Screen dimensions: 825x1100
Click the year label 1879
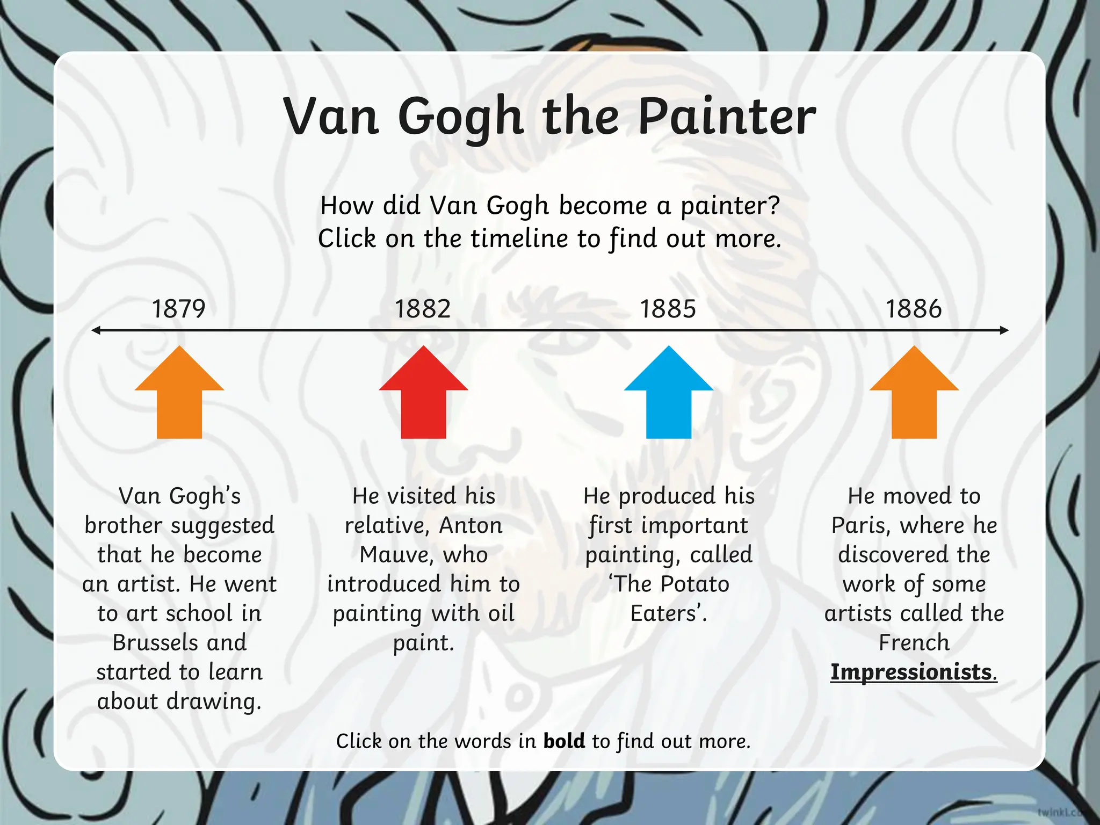tap(179, 309)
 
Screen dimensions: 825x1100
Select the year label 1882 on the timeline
tap(423, 309)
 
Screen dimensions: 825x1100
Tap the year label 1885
tap(668, 309)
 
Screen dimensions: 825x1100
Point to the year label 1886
tap(914, 309)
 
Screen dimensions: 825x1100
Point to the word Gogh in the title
tap(460, 118)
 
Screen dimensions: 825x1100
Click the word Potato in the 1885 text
tap(695, 584)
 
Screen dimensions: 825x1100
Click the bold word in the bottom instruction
tap(564, 741)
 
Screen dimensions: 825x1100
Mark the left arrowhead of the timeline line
tap(96, 330)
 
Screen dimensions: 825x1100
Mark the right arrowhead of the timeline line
tap(1004, 330)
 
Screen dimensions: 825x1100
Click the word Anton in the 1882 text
tap(471, 525)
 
